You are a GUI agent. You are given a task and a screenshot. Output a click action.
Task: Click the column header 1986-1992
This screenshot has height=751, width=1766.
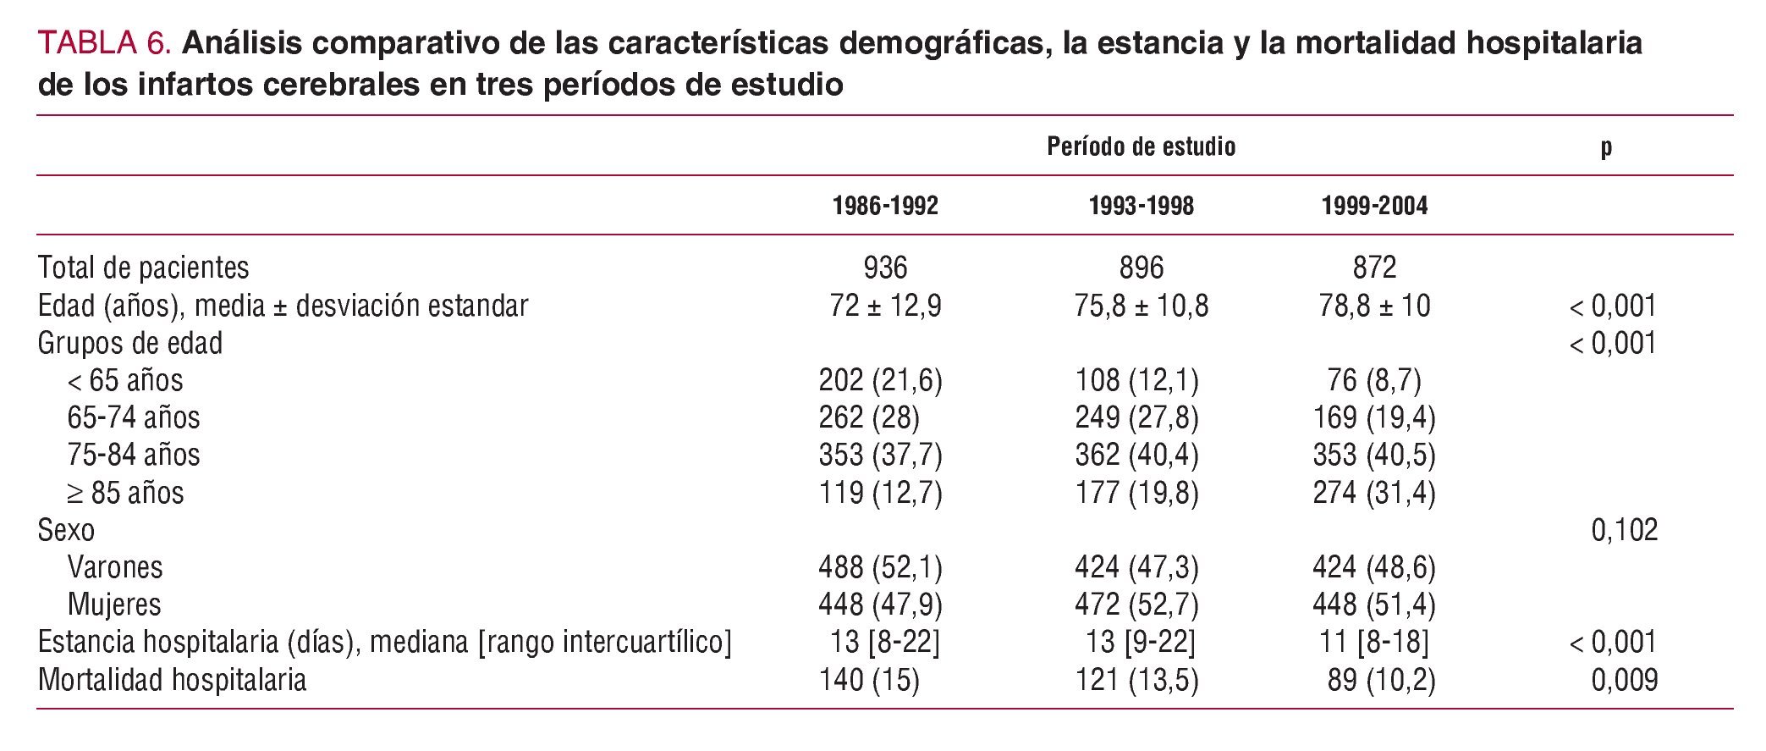(x=885, y=206)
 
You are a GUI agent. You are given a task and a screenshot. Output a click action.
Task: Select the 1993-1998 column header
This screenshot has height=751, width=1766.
(x=1141, y=206)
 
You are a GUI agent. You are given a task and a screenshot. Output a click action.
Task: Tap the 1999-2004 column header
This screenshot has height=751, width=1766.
(x=1374, y=206)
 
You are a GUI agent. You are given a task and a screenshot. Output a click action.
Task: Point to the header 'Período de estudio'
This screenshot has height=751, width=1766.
(x=1141, y=147)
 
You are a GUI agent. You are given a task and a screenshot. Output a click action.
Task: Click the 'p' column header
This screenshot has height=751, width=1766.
(x=1606, y=148)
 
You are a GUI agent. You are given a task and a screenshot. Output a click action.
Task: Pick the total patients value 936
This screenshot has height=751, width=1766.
(x=885, y=268)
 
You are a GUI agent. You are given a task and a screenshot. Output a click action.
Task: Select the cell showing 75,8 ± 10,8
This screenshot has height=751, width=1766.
(x=1141, y=306)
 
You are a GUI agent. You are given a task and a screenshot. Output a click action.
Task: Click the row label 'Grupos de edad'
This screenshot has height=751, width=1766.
(x=130, y=343)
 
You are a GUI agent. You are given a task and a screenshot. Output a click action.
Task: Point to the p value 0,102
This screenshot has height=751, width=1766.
(x=1624, y=530)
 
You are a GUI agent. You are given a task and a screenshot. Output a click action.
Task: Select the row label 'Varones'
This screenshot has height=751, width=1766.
(x=115, y=567)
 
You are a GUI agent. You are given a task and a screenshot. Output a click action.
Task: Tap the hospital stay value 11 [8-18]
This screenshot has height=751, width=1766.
(x=1374, y=642)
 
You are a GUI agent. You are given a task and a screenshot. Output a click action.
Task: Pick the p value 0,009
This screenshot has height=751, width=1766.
(x=1624, y=680)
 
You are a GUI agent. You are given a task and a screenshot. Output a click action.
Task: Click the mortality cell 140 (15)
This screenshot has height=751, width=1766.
(x=869, y=680)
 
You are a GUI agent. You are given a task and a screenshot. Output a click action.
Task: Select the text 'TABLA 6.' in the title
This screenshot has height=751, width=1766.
(x=105, y=43)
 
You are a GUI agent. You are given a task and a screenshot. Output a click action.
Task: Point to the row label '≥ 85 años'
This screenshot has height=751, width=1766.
(x=125, y=493)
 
